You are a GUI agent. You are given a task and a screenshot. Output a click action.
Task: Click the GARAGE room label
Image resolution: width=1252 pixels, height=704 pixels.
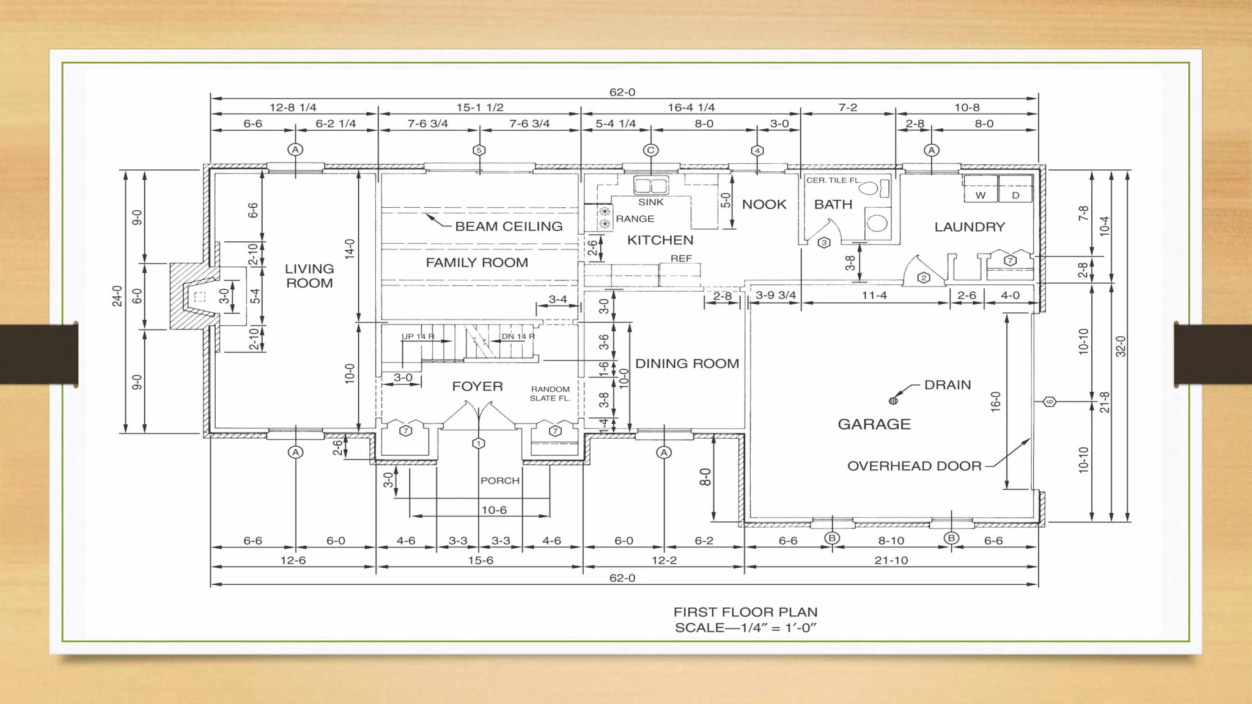874,424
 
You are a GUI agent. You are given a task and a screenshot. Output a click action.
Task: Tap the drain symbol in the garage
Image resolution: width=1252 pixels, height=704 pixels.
893,401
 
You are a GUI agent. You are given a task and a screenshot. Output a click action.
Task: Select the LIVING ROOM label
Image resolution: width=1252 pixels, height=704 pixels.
309,276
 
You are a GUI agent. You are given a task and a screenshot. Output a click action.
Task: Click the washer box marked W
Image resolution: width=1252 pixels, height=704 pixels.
981,195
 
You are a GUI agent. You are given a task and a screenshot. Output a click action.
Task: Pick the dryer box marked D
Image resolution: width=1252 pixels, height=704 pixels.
1015,195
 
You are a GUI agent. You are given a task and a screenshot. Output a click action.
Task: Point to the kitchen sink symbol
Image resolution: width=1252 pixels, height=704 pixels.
650,185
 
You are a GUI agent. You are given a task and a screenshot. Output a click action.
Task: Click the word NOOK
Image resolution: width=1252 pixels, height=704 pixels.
764,205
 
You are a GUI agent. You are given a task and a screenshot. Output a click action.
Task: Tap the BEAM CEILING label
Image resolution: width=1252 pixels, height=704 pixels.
509,227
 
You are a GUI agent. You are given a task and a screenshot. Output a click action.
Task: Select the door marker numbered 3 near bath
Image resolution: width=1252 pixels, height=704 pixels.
824,243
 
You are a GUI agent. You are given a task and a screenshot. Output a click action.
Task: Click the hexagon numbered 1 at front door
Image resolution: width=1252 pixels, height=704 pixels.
479,444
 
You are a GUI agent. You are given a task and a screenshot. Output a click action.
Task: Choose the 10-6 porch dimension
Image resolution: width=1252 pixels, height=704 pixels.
494,510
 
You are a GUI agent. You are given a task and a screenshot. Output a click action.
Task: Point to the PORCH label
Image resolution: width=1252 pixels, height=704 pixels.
499,481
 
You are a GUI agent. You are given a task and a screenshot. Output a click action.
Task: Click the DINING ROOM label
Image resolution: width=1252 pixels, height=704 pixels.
687,364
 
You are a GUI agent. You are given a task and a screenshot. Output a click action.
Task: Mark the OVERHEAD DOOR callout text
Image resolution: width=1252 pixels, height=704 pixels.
914,466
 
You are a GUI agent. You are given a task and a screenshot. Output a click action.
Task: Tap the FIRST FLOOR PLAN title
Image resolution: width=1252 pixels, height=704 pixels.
745,612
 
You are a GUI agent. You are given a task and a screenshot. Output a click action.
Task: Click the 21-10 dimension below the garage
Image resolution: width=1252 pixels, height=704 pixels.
891,560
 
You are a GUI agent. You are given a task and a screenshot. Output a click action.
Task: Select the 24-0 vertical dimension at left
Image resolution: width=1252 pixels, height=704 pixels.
117,296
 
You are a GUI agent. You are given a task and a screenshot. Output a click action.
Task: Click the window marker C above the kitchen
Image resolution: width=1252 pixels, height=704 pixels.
650,150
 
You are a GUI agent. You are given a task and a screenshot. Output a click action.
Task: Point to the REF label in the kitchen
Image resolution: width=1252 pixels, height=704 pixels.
681,258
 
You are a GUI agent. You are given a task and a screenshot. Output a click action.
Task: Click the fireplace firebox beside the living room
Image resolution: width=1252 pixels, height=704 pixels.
199,297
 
